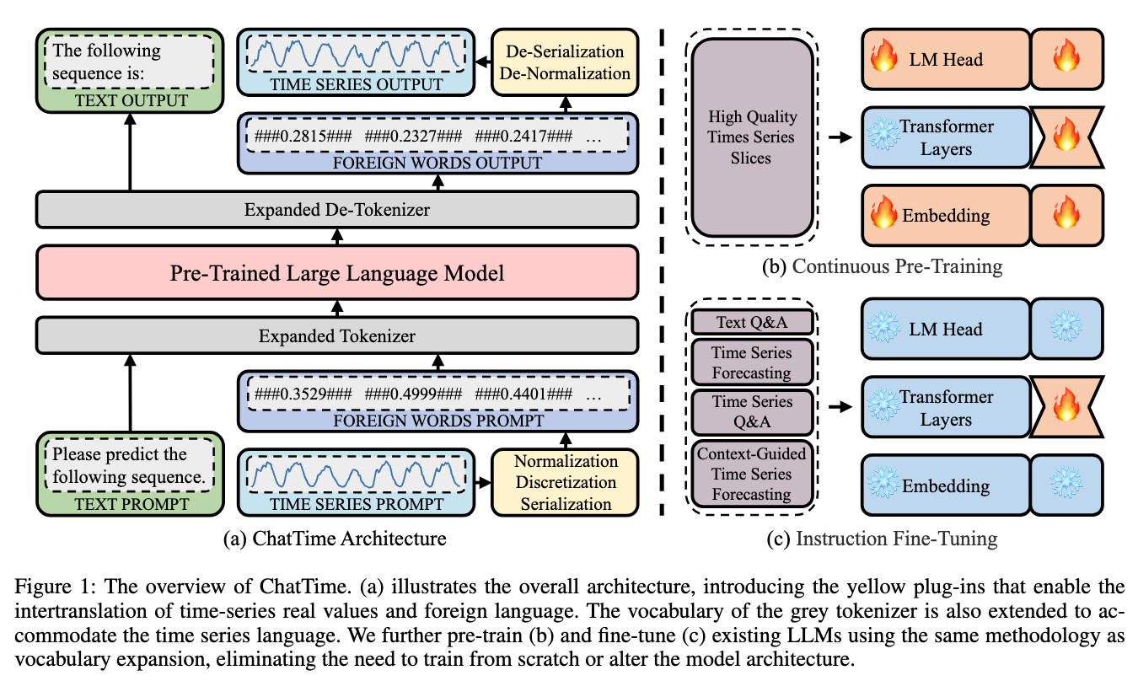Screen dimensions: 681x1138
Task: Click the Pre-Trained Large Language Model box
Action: pyautogui.click(x=336, y=273)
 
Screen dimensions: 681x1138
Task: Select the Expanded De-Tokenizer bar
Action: pyautogui.click(x=336, y=209)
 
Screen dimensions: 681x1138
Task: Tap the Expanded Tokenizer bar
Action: pyautogui.click(x=336, y=336)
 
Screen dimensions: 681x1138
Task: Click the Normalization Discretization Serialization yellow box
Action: pyautogui.click(x=565, y=483)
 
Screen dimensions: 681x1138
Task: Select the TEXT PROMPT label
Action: pyautogui.click(x=130, y=504)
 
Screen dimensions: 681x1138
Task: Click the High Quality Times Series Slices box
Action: pyautogui.click(x=751, y=137)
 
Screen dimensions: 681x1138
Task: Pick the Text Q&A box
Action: pyautogui.click(x=751, y=322)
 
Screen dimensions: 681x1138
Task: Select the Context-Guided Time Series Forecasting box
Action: pyautogui.click(x=751, y=474)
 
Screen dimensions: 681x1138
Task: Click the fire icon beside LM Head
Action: pyautogui.click(x=883, y=60)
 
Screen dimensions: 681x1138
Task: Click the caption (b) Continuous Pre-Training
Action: pyautogui.click(x=882, y=266)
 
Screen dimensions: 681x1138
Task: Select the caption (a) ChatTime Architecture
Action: pyautogui.click(x=336, y=537)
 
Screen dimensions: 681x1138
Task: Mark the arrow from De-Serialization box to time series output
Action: pyautogui.click(x=481, y=62)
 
